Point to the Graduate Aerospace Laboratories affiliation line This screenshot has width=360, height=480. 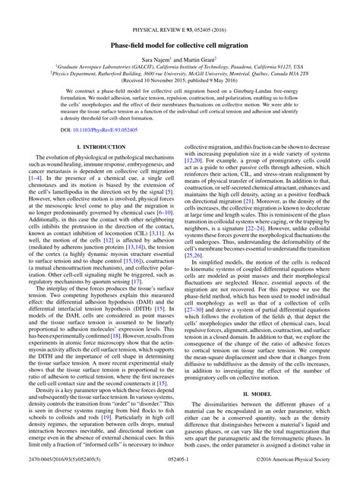pos(180,68)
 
